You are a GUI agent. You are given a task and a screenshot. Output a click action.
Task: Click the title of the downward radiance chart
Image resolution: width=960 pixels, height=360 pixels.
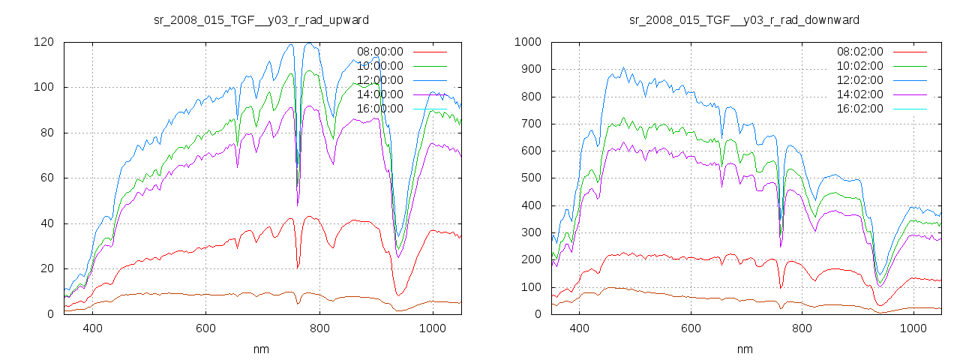tap(744, 19)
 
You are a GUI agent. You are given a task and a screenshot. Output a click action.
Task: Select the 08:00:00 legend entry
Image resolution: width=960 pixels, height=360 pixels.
tap(379, 52)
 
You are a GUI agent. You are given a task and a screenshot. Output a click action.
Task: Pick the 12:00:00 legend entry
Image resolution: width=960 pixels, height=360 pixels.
tap(379, 80)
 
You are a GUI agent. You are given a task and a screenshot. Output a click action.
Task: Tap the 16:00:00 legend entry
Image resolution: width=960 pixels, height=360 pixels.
tap(379, 109)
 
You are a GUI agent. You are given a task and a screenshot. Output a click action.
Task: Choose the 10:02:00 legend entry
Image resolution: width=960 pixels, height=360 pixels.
tap(860, 66)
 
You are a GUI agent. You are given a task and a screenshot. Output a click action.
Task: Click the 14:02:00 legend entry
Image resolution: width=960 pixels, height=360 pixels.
tap(860, 94)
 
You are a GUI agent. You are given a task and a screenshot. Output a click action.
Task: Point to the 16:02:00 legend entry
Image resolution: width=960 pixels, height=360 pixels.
tap(860, 109)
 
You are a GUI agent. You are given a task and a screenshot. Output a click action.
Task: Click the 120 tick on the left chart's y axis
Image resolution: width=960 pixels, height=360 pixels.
tap(43, 42)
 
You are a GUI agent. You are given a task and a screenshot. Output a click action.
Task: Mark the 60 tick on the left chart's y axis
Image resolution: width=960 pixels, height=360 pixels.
tap(46, 178)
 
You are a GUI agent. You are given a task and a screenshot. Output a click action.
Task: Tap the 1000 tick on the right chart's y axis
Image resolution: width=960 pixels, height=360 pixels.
tap(529, 42)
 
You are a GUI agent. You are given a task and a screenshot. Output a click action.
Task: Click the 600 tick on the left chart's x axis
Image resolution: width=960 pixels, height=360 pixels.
tap(205, 328)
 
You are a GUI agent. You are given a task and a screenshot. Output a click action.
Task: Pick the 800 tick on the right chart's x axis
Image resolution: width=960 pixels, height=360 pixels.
tap(802, 328)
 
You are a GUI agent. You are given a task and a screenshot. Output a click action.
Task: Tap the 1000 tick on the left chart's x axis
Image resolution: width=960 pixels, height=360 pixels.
tap(432, 328)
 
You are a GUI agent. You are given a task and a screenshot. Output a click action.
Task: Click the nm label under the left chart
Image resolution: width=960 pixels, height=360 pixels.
tap(261, 349)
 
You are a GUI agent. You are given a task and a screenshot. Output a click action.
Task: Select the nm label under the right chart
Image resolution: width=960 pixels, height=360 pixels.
tap(744, 349)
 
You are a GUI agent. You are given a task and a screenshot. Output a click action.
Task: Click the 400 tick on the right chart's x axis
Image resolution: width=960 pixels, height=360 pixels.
tap(578, 328)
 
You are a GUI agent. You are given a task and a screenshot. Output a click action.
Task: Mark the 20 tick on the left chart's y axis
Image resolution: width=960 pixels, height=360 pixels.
tap(46, 268)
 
